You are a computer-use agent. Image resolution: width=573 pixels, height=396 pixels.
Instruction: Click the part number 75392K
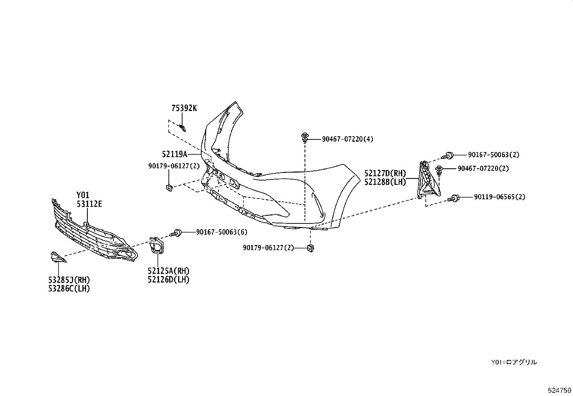[x=184, y=108]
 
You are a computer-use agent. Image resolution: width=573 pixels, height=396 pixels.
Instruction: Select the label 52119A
[x=175, y=154]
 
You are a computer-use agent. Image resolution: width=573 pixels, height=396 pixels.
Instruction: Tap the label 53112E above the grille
[x=89, y=204]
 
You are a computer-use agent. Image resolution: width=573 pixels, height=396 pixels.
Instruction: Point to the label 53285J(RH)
[x=69, y=280]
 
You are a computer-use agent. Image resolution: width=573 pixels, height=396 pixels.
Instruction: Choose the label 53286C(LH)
[x=69, y=288]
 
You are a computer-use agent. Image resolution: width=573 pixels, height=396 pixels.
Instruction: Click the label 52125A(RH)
[x=168, y=271]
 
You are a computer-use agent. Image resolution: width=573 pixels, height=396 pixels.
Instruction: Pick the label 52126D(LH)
[x=168, y=279]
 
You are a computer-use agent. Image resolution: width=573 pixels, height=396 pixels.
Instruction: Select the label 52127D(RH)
[x=385, y=174]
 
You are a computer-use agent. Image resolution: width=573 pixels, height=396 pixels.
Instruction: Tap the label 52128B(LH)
[x=385, y=182]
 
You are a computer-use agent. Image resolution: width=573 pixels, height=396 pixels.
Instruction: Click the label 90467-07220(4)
[x=347, y=139]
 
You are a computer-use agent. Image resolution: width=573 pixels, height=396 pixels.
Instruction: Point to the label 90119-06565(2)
[x=499, y=197]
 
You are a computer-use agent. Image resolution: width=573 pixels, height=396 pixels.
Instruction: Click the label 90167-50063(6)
[x=222, y=232]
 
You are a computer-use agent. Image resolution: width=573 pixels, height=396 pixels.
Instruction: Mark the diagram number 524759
[x=559, y=390]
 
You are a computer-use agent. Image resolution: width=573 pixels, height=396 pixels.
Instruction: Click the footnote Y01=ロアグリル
[x=514, y=362]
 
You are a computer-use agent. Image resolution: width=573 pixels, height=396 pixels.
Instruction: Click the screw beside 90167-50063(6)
[x=177, y=232]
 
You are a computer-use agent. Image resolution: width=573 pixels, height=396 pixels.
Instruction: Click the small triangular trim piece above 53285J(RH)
[x=57, y=257]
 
